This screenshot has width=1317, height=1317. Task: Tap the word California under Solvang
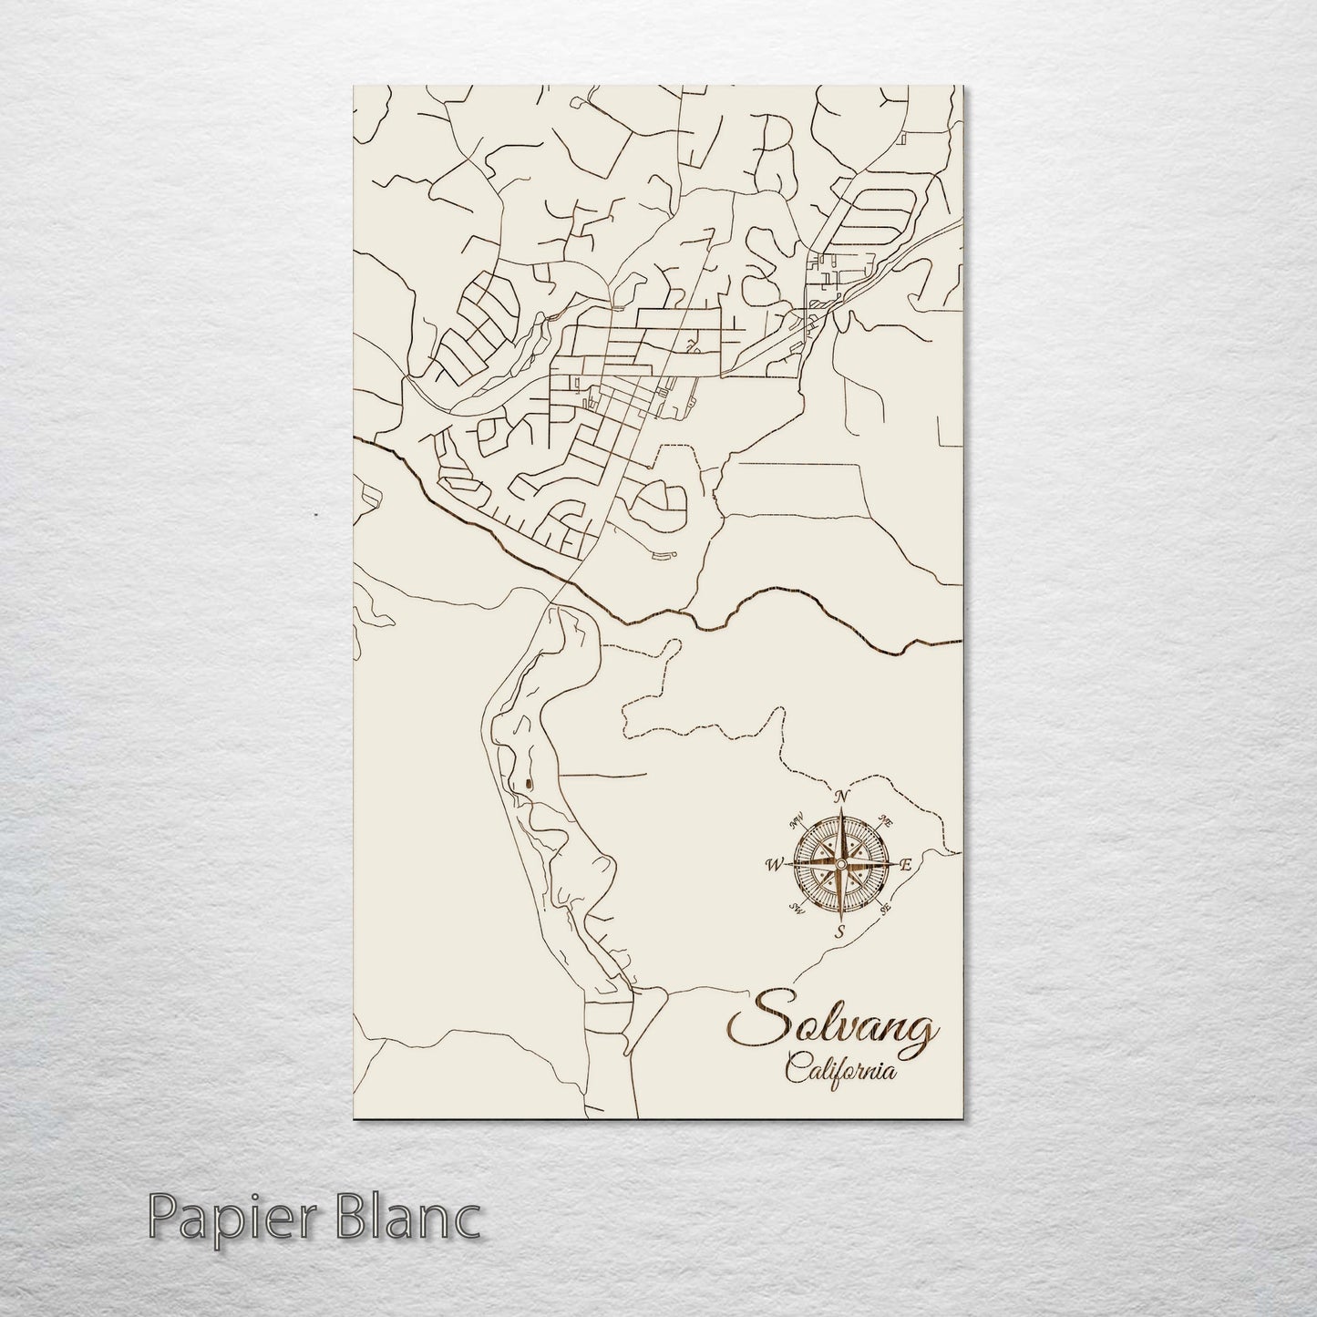[839, 1071]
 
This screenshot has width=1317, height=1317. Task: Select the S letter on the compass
[841, 931]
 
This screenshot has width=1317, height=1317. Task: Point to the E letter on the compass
[905, 865]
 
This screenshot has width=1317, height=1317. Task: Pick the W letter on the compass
[776, 863]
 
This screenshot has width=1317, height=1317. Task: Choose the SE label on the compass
[885, 907]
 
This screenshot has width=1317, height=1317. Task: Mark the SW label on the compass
[797, 907]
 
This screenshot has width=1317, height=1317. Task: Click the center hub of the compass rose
[841, 863]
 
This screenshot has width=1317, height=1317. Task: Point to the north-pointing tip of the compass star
[842, 808]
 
